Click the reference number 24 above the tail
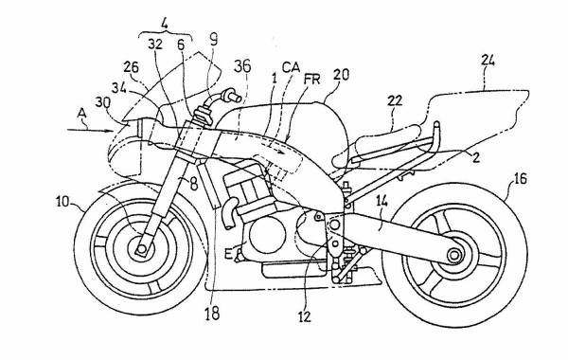488,61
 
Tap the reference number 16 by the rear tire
520,179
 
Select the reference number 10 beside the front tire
62,202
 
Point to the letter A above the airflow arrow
82,114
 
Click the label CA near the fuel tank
291,67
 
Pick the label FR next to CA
312,79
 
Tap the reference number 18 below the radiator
212,314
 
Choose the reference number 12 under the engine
305,316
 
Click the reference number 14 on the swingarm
382,201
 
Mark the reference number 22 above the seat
395,100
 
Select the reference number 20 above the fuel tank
341,74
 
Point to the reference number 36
242,66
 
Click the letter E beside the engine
228,253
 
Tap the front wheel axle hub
142,249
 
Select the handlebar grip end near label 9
234,96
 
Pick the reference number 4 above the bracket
165,24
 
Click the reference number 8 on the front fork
194,184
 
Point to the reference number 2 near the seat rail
476,157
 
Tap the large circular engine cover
267,235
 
